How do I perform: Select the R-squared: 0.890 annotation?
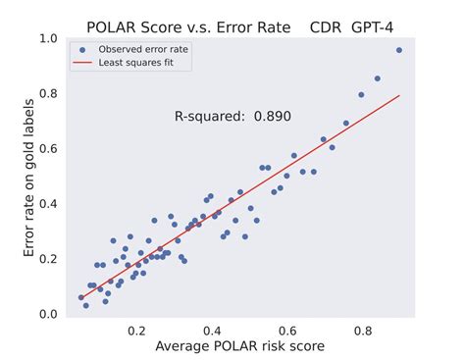tap(232, 116)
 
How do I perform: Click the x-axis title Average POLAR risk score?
tap(239, 346)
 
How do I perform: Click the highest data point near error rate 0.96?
tap(399, 50)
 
